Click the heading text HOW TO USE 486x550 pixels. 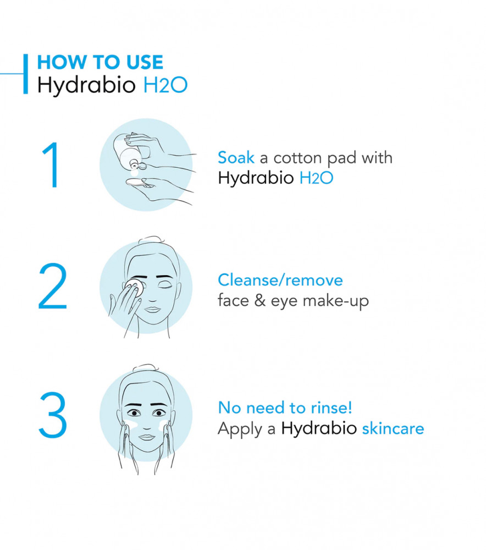pos(100,62)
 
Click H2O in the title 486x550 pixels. pos(165,85)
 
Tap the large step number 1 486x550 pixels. pos(52,165)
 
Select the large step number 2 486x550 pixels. pos(53,286)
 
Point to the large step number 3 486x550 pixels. pos(53,415)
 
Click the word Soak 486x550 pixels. pos(236,157)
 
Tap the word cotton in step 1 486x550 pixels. pos(297,158)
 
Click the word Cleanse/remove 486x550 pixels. pos(280,280)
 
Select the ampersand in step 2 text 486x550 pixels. pos(260,301)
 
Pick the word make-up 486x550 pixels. pos(335,301)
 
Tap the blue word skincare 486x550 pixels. pos(393,428)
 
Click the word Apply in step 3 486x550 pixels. pos(240,430)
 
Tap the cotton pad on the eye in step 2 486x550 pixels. pos(135,287)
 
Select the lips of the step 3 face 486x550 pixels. pos(147,437)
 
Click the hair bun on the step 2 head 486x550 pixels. pos(151,240)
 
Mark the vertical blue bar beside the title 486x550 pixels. pos(26,74)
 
